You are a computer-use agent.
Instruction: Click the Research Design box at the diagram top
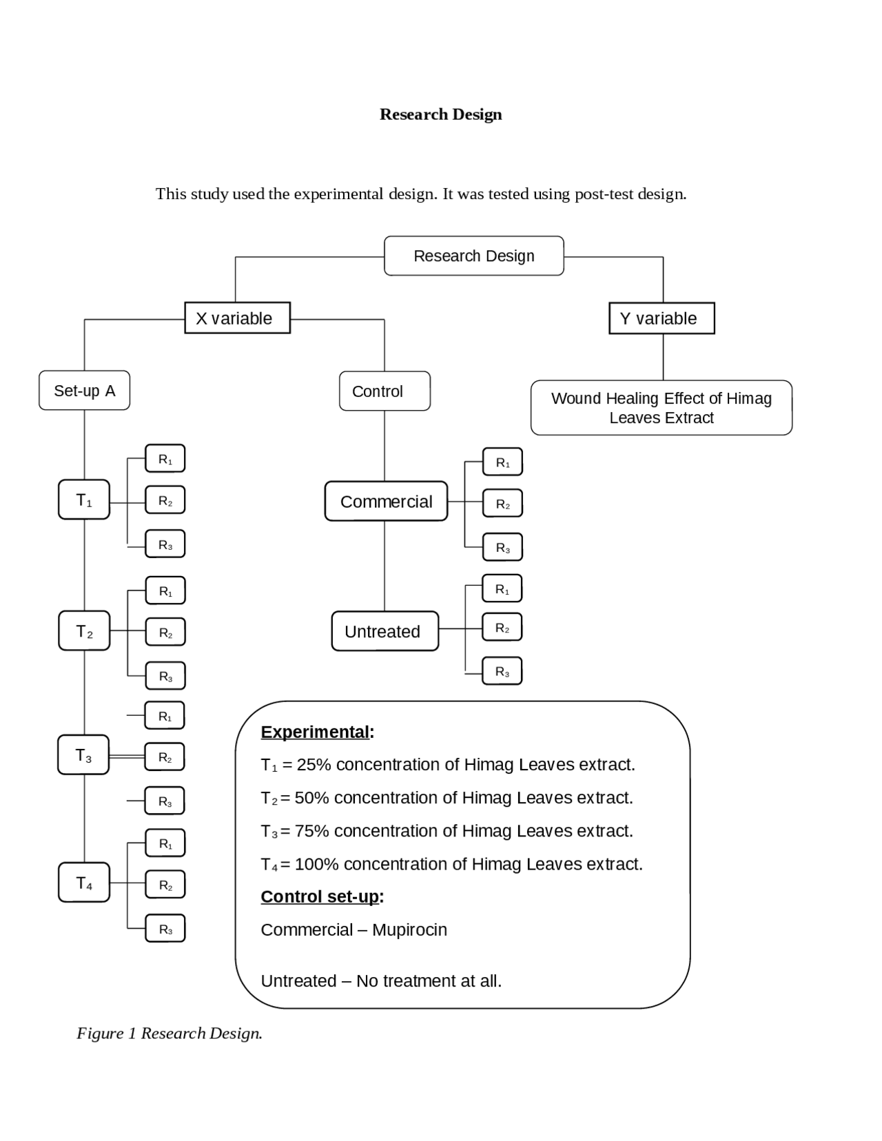coord(473,256)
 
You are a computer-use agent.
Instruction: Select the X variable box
coord(237,318)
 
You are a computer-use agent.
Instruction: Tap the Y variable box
coord(661,318)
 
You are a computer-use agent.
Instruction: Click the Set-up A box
coord(84,391)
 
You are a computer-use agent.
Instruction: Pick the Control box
coord(384,391)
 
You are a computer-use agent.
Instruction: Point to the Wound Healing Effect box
coord(661,408)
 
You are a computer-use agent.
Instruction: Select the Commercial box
coord(386,502)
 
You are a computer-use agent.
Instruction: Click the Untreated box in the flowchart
coord(384,631)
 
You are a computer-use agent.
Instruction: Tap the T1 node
coord(84,500)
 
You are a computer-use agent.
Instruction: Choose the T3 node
coord(83,755)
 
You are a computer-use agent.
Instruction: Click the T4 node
coord(84,883)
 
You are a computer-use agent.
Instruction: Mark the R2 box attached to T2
coord(165,633)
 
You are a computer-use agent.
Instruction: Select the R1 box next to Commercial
coord(502,462)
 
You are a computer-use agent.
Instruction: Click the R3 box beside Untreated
coord(502,672)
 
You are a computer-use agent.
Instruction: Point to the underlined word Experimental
coord(315,732)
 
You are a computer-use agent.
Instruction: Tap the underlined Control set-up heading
coord(320,896)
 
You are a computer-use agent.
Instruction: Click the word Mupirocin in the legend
coord(409,929)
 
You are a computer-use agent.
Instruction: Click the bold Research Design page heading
coord(440,114)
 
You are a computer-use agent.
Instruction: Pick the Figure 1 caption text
coord(170,1033)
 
